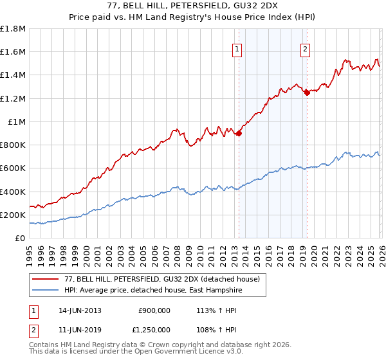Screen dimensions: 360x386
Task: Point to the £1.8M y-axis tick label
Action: pos(13,29)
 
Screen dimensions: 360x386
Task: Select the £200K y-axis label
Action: pos(13,215)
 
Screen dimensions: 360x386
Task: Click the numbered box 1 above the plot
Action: pos(237,49)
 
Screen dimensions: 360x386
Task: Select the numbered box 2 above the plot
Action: pos(305,49)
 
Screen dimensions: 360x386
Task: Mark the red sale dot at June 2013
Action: pos(239,134)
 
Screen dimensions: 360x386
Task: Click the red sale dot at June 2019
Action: pos(307,93)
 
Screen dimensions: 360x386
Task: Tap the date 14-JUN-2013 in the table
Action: pos(80,310)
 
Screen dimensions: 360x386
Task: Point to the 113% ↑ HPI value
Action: pos(207,310)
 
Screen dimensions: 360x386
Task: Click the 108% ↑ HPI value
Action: pos(207,328)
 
